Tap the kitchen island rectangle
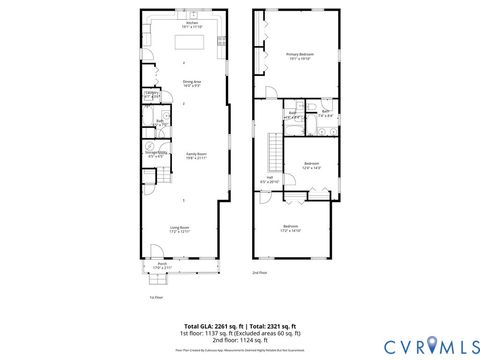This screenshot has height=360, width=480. (x=191, y=42)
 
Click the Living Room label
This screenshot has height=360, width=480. (x=179, y=229)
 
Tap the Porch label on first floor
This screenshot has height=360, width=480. (x=161, y=266)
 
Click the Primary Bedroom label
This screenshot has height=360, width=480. (x=300, y=57)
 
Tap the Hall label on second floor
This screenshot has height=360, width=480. (x=269, y=181)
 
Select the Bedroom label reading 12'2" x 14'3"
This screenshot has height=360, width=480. (x=311, y=165)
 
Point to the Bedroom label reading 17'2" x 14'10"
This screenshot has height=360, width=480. (x=291, y=229)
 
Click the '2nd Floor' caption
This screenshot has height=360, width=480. (x=259, y=272)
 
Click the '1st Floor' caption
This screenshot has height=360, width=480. (x=155, y=297)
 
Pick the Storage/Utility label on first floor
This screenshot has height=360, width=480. (x=156, y=155)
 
